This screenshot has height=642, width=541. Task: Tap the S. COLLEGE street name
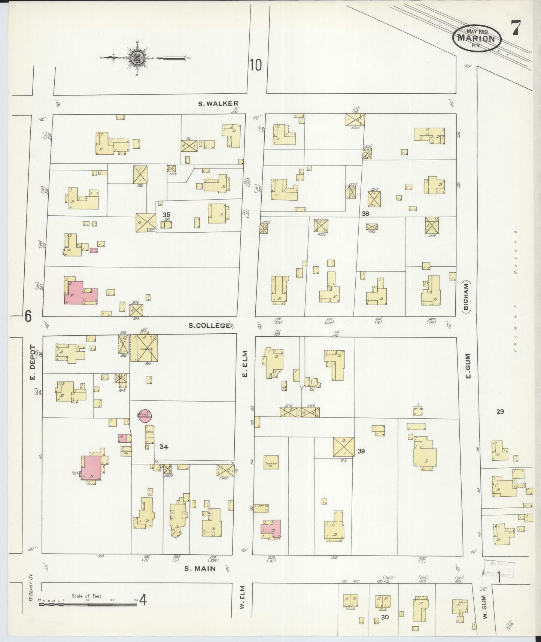pyautogui.click(x=209, y=325)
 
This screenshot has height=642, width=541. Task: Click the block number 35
pyautogui.click(x=166, y=215)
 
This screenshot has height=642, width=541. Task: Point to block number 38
pyautogui.click(x=365, y=214)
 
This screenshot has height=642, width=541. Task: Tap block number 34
pyautogui.click(x=164, y=446)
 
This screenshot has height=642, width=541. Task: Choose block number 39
pyautogui.click(x=361, y=451)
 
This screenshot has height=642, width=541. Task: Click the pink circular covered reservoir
pyautogui.click(x=145, y=416)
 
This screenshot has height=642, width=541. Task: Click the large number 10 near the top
pyautogui.click(x=256, y=66)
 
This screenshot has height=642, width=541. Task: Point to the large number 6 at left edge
pyautogui.click(x=28, y=317)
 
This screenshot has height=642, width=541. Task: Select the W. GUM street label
pyautogui.click(x=484, y=607)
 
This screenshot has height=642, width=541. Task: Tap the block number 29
pyautogui.click(x=500, y=412)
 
